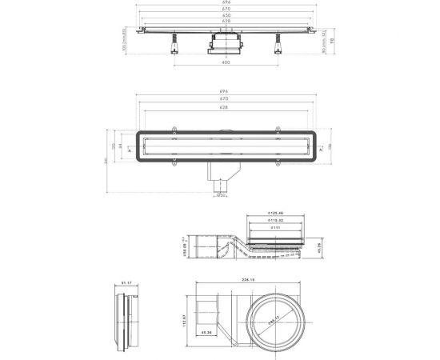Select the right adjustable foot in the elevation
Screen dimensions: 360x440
click(282, 46)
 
